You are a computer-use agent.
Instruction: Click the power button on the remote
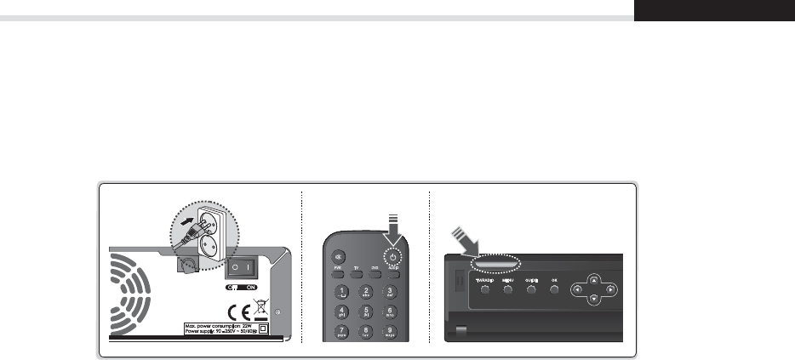tap(393, 257)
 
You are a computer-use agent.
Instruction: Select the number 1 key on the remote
tap(342, 292)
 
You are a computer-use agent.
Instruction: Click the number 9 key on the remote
tap(390, 330)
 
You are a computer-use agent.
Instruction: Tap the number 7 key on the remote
tap(342, 330)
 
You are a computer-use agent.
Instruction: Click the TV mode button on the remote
tap(357, 273)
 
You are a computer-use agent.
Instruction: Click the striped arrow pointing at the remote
tap(392, 228)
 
